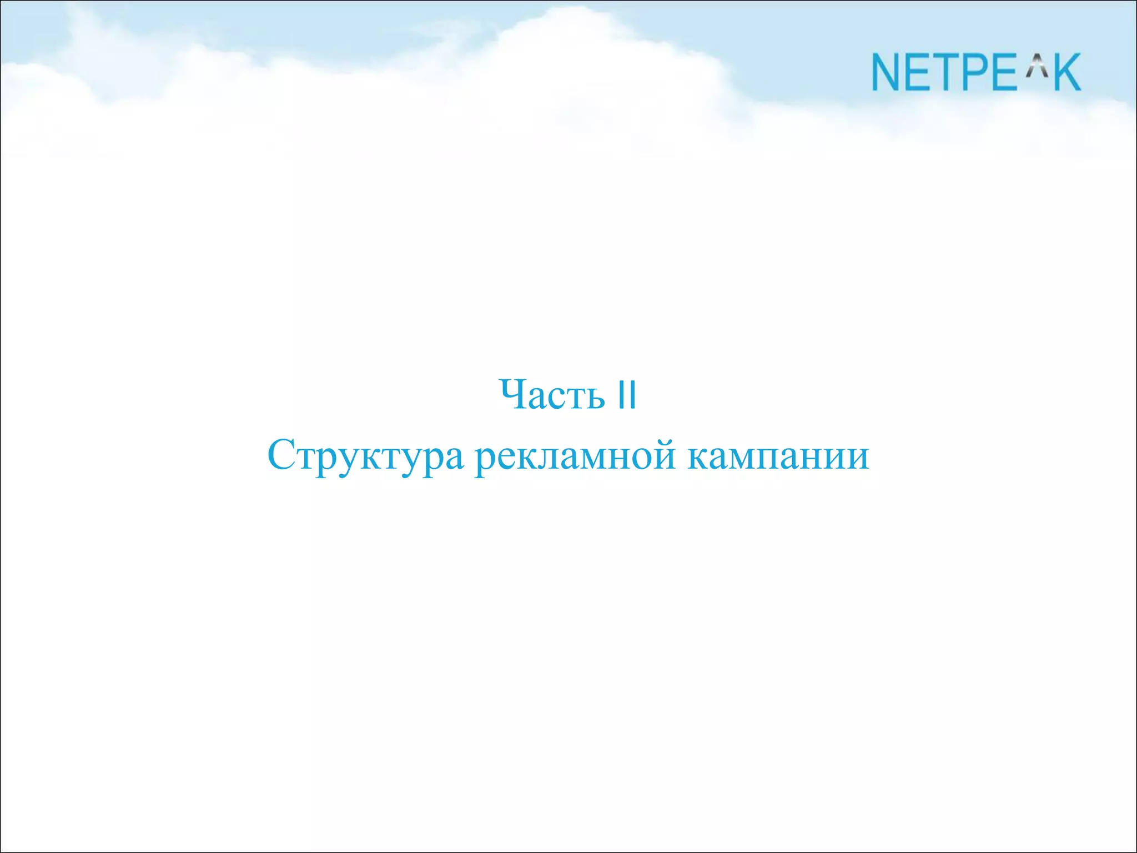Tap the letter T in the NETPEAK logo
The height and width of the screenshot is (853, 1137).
click(x=952, y=72)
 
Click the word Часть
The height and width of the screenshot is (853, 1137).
click(x=552, y=395)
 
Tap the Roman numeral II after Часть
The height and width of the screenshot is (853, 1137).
click(x=627, y=395)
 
